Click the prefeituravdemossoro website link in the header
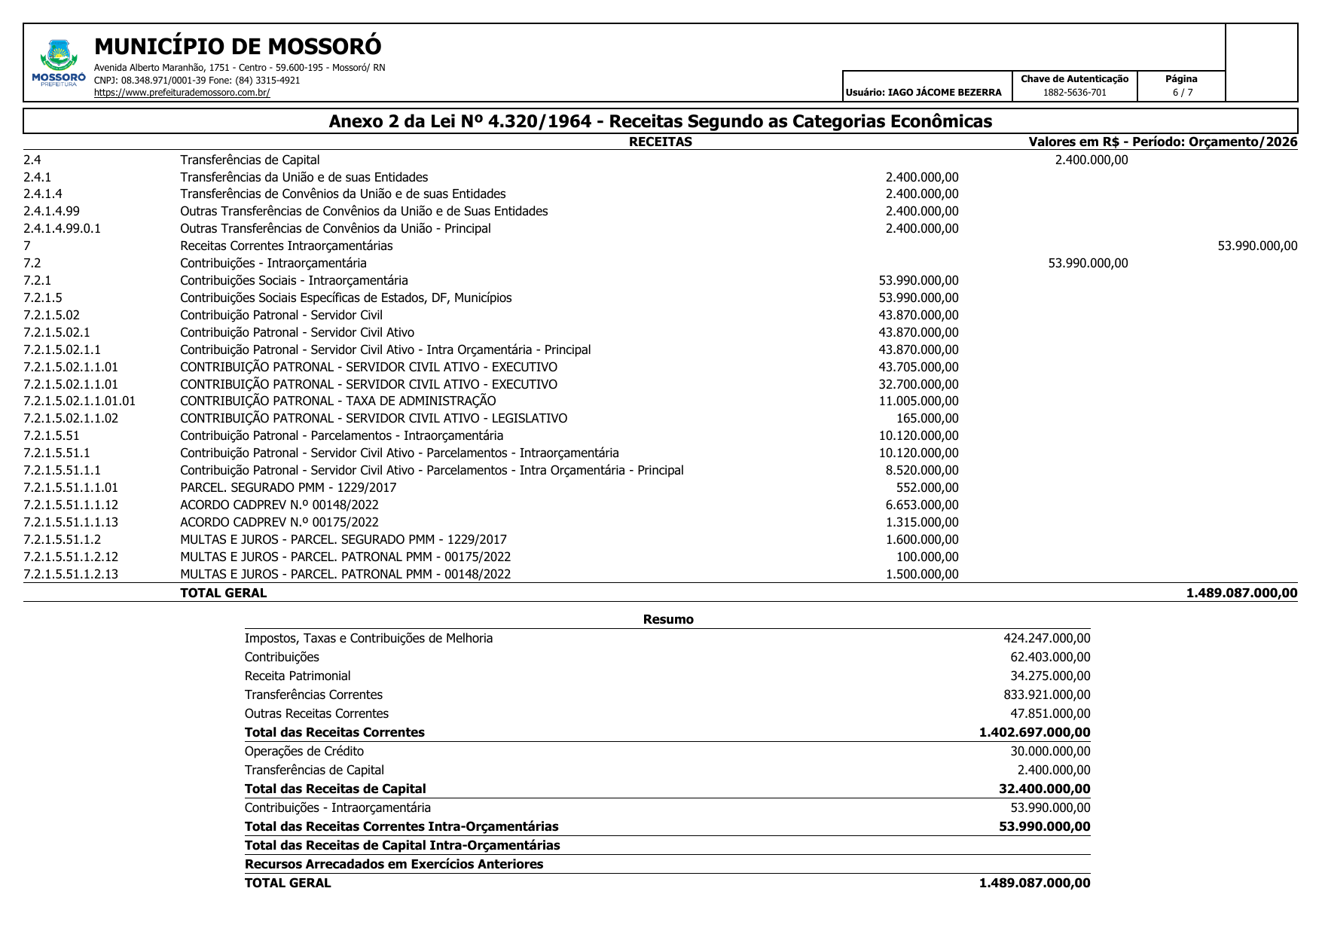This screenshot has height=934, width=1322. point(182,93)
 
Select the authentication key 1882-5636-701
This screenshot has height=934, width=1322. point(1074,93)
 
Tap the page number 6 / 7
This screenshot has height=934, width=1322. point(1182,93)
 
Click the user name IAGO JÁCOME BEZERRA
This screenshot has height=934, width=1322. point(924,93)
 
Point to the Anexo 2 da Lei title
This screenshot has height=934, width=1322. point(660,121)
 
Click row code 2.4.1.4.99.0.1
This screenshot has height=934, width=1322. point(62,228)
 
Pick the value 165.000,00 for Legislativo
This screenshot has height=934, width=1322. point(927,418)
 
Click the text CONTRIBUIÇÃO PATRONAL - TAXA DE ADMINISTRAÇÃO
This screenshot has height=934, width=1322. point(337,401)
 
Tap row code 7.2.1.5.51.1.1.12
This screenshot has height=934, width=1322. point(71,505)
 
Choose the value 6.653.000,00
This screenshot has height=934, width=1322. point(922,505)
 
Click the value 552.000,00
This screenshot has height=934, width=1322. point(927,487)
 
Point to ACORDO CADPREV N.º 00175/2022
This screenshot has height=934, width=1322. point(279,522)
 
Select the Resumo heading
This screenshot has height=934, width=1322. point(667,619)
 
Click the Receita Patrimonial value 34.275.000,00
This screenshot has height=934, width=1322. point(1049,676)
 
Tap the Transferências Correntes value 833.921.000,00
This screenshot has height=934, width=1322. point(1046,694)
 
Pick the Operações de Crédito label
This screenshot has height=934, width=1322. point(304,751)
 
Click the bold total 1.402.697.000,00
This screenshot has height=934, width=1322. point(1034,732)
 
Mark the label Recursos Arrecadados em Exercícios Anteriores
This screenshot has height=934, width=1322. point(393,864)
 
